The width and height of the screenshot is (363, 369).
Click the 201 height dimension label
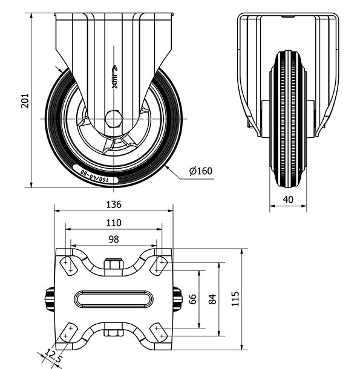point(25,101)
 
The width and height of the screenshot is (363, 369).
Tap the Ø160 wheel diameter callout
point(201,171)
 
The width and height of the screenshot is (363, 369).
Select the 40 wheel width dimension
point(288,200)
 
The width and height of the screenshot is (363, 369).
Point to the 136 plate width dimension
point(114,204)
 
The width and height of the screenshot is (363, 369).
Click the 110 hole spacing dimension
point(114,223)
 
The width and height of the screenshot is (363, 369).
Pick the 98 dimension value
point(114,240)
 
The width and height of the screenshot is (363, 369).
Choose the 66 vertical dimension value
point(192,299)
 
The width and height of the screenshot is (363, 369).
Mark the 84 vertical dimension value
point(212,299)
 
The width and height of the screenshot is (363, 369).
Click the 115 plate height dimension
point(235,299)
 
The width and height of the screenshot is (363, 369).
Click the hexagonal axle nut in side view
point(114,119)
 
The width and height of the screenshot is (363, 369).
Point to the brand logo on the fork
point(114,77)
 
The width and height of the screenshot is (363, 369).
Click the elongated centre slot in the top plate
point(114,299)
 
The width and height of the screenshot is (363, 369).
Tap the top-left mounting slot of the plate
point(68,266)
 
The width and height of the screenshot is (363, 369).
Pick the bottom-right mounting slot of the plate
point(159,332)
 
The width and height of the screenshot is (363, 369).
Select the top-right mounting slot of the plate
point(159,266)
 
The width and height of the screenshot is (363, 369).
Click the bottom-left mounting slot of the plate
point(68,332)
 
